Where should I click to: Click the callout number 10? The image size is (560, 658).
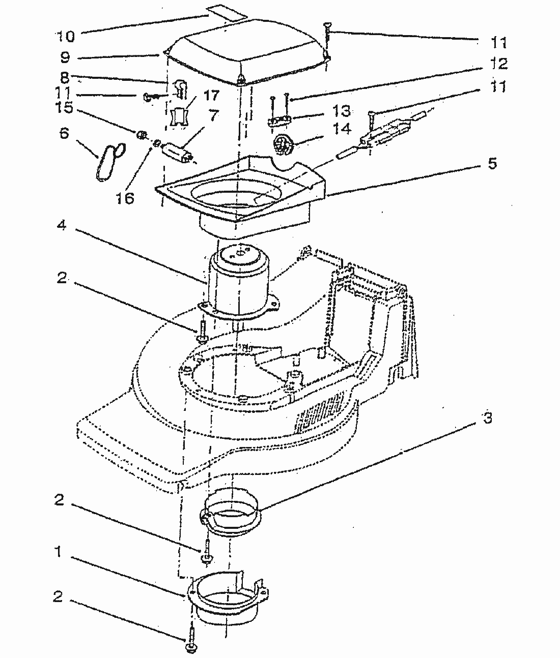[65, 36]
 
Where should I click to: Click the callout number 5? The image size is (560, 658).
[492, 164]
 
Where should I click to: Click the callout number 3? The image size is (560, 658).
[487, 418]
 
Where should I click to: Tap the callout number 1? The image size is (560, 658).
[59, 551]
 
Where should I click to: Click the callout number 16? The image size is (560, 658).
[124, 197]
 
